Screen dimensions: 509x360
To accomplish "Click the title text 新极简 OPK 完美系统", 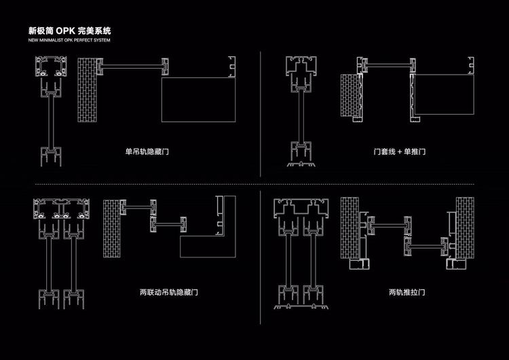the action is coord(69,31).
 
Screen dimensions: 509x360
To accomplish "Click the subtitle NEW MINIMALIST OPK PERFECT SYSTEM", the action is coord(69,40).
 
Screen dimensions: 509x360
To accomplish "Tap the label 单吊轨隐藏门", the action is coord(147,151).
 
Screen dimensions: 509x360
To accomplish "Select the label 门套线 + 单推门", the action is coord(400,151).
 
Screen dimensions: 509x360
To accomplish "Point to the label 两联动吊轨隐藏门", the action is coord(169,292).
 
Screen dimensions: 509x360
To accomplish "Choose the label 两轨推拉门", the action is coord(407,292).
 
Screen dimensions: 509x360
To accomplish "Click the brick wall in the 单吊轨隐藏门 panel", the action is coord(88,90).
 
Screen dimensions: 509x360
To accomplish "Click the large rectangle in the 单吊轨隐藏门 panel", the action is coord(198,99).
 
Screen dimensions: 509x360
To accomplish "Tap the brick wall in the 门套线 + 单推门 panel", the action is coord(350,96).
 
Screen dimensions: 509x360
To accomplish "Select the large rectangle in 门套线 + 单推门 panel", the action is coord(444,94).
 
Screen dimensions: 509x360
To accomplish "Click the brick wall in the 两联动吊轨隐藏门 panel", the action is coord(112,229).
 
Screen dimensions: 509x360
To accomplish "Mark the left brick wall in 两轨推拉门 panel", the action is coord(350,228).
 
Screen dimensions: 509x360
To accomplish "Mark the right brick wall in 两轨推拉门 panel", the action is coord(465,228).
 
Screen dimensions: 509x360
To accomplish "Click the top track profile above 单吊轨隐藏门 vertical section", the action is coord(51,67).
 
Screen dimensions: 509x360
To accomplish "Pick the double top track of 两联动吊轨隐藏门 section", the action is coord(61,209).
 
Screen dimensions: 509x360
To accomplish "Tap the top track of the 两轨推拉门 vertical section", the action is coord(301,209).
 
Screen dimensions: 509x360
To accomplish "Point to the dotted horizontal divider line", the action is coord(254,184).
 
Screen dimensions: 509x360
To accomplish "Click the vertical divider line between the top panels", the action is coord(261,113).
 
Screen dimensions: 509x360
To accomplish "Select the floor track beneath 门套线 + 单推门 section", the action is coord(301,164).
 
